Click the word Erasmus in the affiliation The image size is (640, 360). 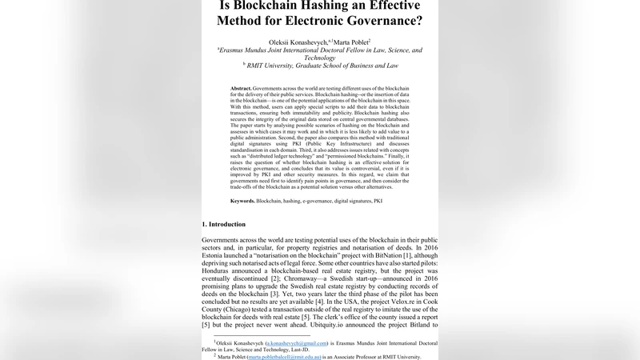tap(239, 50)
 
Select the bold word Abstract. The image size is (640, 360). tap(241, 87)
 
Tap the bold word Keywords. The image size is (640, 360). tap(243, 201)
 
